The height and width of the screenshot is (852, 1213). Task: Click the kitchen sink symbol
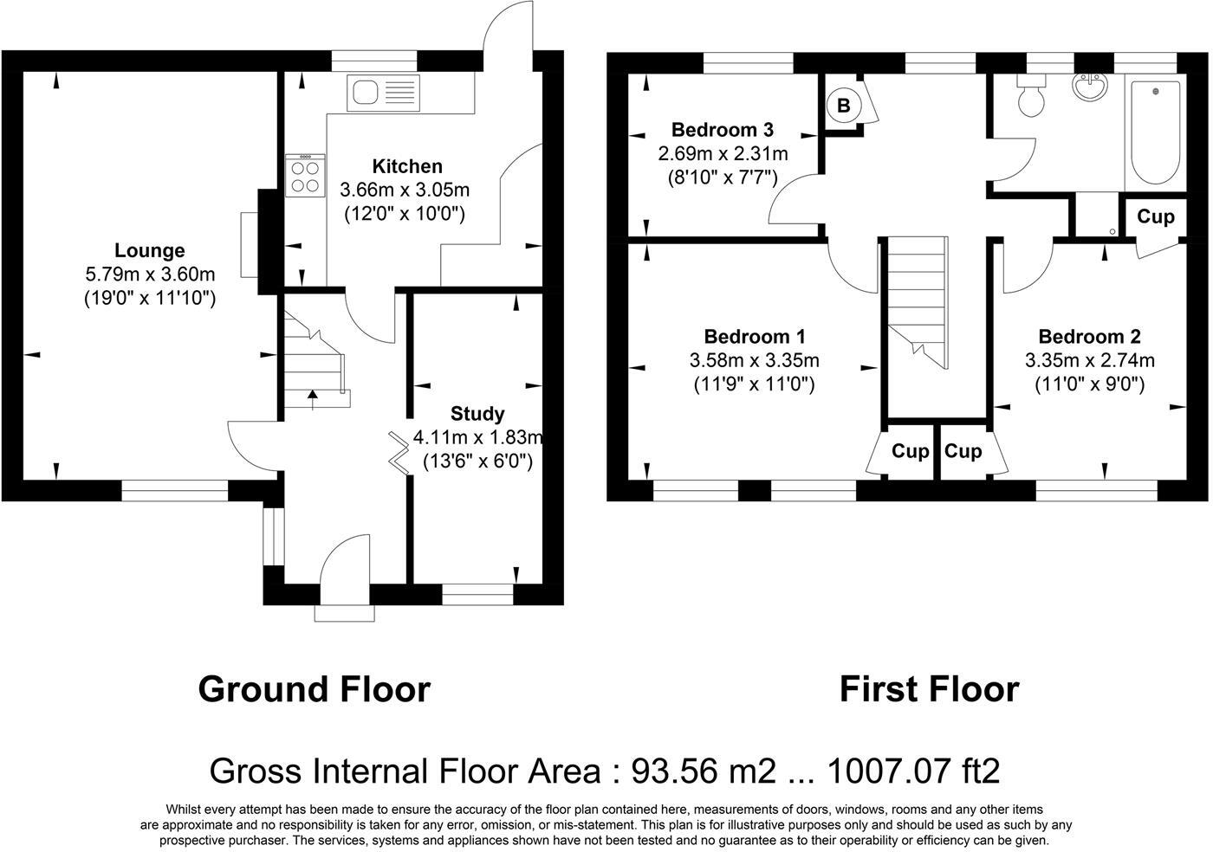(382, 94)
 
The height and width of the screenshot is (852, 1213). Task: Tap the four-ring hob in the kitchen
(304, 176)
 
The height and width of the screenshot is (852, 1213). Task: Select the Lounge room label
(150, 250)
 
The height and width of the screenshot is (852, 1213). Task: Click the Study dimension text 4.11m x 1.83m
(477, 437)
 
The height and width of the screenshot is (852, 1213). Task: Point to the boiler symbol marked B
(843, 106)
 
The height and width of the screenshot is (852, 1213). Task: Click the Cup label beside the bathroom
(1155, 216)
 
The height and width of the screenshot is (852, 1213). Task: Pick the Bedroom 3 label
(723, 130)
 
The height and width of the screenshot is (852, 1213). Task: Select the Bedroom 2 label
(1089, 337)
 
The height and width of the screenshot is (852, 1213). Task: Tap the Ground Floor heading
(314, 689)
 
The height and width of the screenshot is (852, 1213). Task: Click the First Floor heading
(929, 689)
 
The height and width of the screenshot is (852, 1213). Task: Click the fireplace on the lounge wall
(250, 245)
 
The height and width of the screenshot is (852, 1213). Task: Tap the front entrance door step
(346, 613)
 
